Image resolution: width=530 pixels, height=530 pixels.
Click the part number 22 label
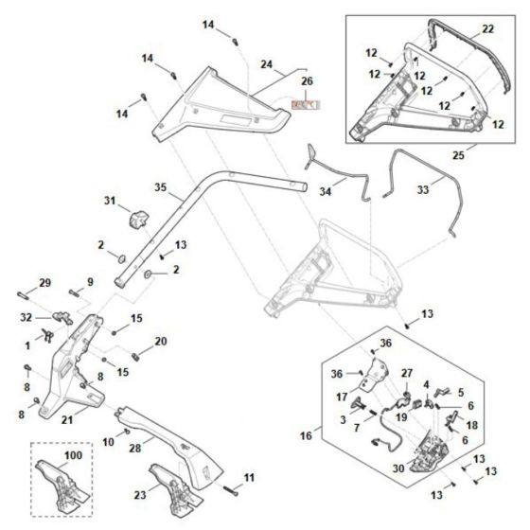click(487, 30)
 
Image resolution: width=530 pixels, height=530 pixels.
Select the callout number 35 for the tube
click(160, 189)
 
